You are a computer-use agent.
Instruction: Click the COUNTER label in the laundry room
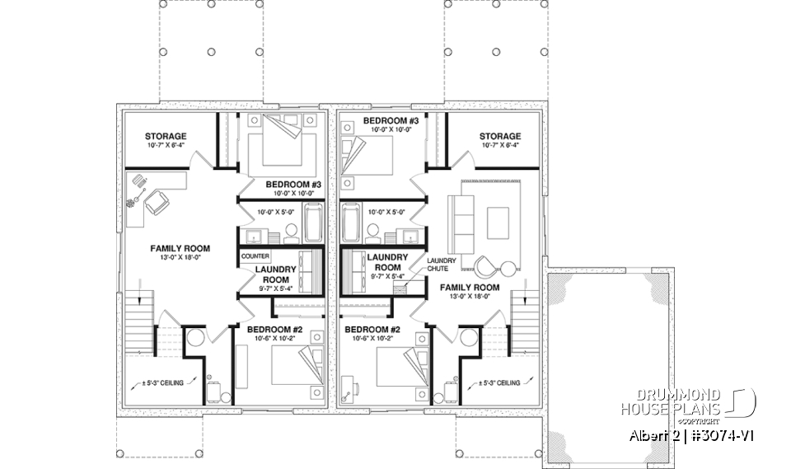point(256,256)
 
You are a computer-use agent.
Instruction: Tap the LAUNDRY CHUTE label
point(437,264)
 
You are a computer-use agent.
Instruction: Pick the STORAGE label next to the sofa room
point(500,136)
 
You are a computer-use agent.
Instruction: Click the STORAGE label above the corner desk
point(166,136)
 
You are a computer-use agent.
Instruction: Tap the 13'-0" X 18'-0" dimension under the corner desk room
point(179,257)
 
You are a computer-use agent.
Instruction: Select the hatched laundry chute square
point(400,281)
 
